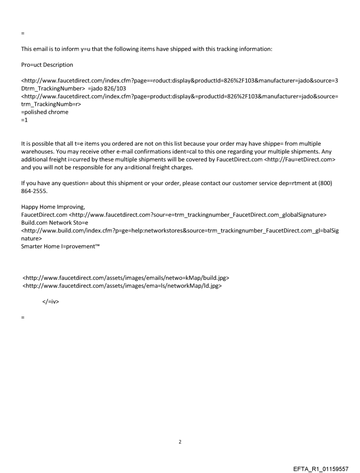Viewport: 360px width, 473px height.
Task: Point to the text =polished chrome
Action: point(45,112)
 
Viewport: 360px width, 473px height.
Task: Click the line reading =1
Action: point(24,120)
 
